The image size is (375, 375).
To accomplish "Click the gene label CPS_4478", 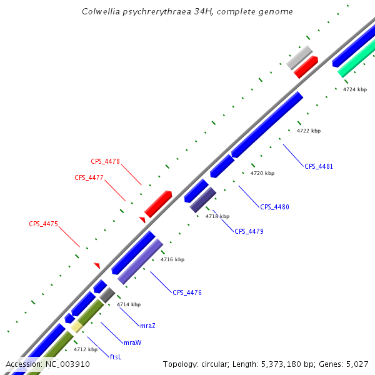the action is pos(105,161).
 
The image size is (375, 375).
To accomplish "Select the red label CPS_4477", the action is pos(89,177).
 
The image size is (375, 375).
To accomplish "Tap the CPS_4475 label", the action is pos(43,224).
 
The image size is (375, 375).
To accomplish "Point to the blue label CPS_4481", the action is pos(319,167).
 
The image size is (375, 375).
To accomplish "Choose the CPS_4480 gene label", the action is pos(274,207).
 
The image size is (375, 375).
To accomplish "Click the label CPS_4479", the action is pos(249,231).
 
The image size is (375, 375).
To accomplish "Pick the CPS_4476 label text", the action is pos(187,292).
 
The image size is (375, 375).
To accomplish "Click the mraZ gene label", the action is pos(147,326).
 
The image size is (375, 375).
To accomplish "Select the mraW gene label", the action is pos(132,342).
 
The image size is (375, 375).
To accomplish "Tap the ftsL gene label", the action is pos(116,357).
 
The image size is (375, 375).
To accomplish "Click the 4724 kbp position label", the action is pos(355,90).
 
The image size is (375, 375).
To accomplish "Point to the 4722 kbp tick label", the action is pos(308,131).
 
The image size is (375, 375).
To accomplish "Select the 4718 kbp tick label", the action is pos(217,216).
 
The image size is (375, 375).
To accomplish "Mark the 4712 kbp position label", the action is pos(85,349).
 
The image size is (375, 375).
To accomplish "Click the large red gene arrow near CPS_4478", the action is pos(158,204).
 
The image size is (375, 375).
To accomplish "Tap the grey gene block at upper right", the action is pos(299,57).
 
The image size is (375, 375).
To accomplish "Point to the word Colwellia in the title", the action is pos(101,12).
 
